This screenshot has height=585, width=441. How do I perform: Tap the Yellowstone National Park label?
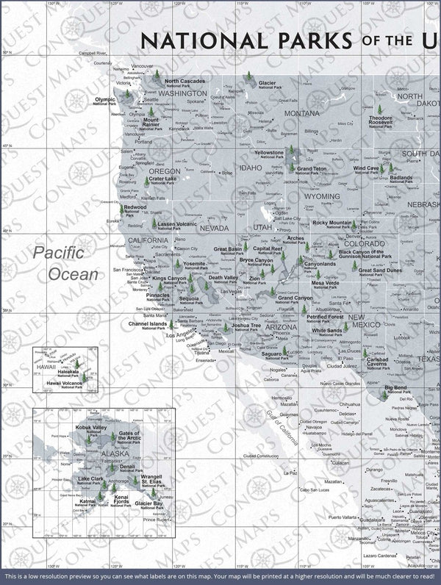(268, 154)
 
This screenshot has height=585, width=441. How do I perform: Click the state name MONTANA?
(302, 113)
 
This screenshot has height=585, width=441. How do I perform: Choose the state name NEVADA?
(214, 228)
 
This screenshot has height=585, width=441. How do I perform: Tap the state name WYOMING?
(322, 197)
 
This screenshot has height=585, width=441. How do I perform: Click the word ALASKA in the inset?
(94, 454)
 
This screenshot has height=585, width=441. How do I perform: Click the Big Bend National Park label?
(395, 388)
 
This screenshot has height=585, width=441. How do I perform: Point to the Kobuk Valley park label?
(92, 429)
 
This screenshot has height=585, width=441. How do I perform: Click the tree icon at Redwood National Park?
(121, 209)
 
